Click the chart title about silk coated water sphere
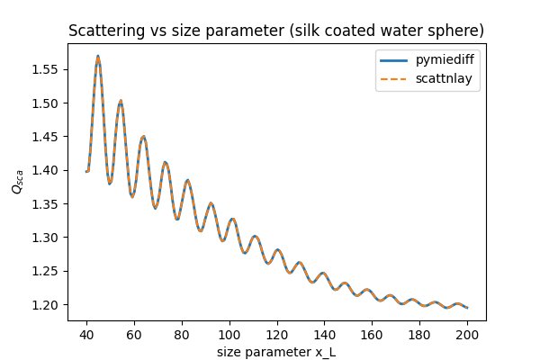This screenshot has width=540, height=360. point(276,31)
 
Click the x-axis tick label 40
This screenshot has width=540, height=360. point(86,335)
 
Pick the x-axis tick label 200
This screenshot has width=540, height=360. point(467,335)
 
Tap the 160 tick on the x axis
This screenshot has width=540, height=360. point(372,335)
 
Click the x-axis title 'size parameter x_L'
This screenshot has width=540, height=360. point(276,352)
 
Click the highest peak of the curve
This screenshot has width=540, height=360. point(98,56)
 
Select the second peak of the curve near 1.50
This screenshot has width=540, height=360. point(121,101)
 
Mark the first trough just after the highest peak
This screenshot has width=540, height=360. point(110,184)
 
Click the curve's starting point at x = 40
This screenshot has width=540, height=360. point(86,171)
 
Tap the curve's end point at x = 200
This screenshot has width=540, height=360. point(467,308)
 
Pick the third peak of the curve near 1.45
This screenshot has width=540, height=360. point(143,137)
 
